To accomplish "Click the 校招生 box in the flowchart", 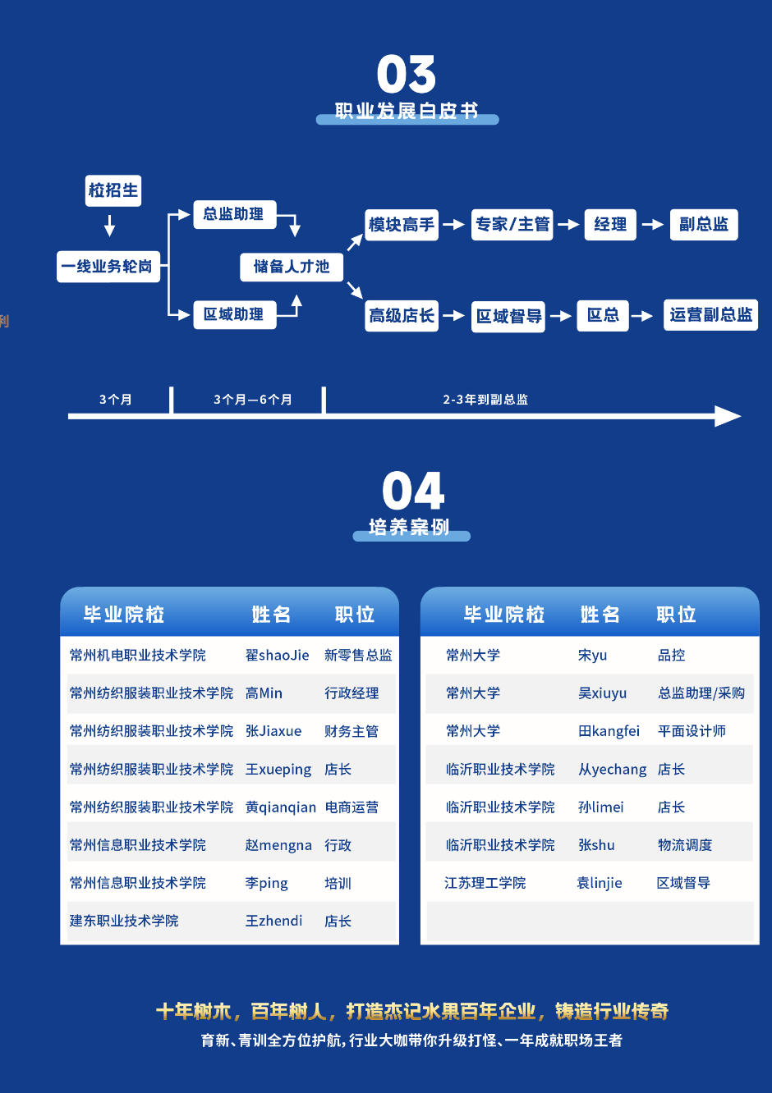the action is (x=113, y=191).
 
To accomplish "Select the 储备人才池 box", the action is (x=292, y=267).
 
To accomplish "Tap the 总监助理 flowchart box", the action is (x=235, y=214).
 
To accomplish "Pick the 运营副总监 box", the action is (x=710, y=315).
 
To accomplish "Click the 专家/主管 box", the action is (x=512, y=225).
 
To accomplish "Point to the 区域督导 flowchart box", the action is (x=508, y=317).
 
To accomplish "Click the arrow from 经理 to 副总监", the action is (x=653, y=225).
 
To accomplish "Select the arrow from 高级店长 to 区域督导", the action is (x=453, y=316).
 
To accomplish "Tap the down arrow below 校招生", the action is (x=110, y=226).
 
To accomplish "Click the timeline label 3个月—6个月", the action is (x=252, y=400).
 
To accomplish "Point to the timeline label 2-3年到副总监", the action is (x=485, y=400).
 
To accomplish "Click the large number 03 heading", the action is (x=406, y=74).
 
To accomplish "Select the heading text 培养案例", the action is (x=409, y=527).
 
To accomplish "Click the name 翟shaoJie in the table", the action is (x=277, y=655).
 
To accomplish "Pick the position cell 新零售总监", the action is (x=358, y=655).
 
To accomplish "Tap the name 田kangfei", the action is (x=609, y=731).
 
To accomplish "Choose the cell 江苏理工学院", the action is (x=485, y=883).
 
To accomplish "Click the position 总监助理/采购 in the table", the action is (x=701, y=693).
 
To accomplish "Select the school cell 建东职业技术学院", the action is (x=124, y=921).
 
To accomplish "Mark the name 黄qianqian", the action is (x=281, y=807).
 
